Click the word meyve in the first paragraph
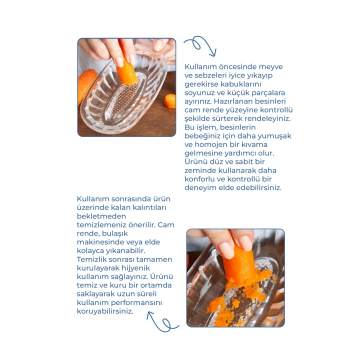point(271,67)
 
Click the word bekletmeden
point(101,216)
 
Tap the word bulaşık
point(114,233)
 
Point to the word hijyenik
point(135,268)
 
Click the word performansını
point(136,303)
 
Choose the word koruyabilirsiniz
point(105,311)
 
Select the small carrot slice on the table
point(170,100)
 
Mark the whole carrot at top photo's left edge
point(85,84)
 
